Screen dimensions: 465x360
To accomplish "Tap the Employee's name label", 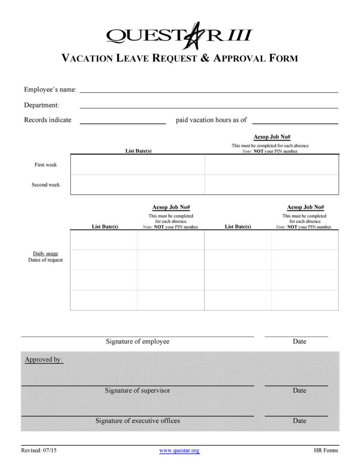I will point(50,90).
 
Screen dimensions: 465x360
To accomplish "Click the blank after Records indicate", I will point(123,121).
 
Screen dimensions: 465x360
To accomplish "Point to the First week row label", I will point(46,165).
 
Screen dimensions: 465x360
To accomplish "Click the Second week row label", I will point(46,185).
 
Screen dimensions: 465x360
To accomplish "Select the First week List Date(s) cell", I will point(137,165).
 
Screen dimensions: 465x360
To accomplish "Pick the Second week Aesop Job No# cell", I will point(272,185).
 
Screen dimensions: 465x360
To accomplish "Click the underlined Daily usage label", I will point(46,253).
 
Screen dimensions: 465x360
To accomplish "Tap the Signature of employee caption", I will point(138,341).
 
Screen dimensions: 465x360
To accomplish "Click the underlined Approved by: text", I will point(44,360).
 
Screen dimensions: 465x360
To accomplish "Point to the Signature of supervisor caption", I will point(138,390).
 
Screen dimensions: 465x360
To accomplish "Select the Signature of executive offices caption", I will point(138,421).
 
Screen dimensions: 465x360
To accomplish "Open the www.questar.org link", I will point(180,450).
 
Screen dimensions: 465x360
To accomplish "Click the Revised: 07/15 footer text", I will point(39,450).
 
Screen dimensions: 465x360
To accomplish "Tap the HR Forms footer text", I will point(326,450).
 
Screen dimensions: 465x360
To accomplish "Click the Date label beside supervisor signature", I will point(299,390).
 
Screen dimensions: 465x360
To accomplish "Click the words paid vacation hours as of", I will point(211,120).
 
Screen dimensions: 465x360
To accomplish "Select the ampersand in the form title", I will point(205,58).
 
